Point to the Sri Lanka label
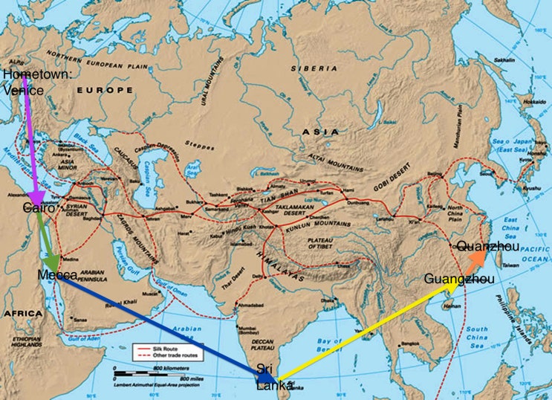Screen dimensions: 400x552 tap(265, 377)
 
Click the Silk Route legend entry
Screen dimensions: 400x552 tap(160, 347)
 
